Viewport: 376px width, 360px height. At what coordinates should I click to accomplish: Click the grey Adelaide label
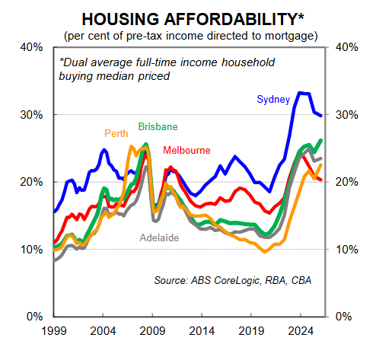[x=159, y=237]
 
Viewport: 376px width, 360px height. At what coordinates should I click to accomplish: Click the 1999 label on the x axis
[x=53, y=332]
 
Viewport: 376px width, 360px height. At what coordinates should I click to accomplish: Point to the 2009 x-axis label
[x=153, y=332]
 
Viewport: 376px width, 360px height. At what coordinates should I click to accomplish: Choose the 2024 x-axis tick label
[x=301, y=332]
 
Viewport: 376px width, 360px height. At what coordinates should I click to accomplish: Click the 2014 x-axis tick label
[x=202, y=332]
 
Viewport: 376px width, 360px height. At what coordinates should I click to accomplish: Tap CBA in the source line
[x=298, y=281]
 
